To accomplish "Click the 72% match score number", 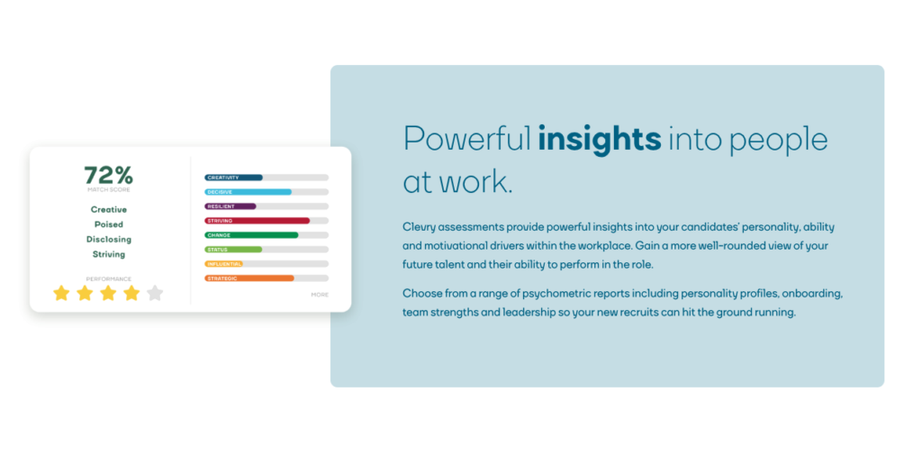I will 108,175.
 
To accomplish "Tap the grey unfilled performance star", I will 155,293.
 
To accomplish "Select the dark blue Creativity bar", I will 233,178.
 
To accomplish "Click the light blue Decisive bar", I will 248,192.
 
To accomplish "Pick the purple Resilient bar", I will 230,206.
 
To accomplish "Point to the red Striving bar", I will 257,221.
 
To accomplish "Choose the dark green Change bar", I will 251,235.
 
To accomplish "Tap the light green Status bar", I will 233,250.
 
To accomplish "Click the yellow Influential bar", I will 224,264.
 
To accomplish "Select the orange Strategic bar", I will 249,278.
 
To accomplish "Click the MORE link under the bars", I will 320,295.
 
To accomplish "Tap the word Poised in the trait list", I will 108,224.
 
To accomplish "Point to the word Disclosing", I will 108,240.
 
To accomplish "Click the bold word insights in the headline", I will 599,139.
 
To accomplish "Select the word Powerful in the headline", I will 466,139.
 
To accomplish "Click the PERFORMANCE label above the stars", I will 108,278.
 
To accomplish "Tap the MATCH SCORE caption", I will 108,190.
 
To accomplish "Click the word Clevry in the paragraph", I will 419,227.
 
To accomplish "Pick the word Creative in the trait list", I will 108,209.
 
